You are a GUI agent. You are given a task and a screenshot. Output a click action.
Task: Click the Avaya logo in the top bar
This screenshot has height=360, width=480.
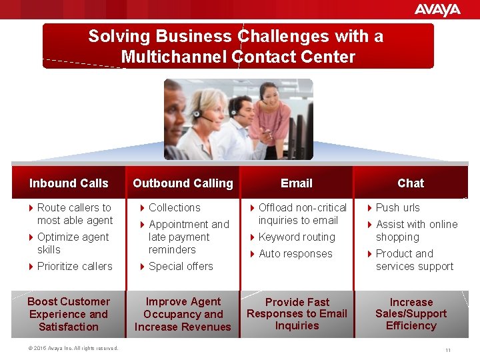point(437,9)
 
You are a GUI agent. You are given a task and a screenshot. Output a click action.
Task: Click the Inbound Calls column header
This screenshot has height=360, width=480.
point(69,183)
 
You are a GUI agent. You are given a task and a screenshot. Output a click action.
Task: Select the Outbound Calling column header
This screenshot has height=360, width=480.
point(183,183)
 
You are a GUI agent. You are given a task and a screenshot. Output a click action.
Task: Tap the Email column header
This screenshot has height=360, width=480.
point(297,183)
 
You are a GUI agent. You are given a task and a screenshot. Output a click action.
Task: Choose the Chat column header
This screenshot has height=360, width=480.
point(411,183)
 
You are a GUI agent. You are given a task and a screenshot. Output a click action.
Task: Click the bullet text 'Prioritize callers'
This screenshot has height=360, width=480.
point(75,266)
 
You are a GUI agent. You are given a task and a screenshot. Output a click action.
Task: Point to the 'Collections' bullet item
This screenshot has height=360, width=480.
point(174,207)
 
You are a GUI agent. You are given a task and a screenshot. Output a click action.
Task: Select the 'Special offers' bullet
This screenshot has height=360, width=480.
point(181,266)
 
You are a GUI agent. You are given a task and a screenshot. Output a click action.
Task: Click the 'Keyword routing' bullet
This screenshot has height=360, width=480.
point(297,237)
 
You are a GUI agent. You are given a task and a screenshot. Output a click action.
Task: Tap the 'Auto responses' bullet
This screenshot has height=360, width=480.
point(295,253)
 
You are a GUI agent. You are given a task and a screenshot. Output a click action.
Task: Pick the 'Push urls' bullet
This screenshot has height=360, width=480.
point(397,207)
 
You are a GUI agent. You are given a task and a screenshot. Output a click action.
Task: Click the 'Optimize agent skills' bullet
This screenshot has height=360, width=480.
point(73,243)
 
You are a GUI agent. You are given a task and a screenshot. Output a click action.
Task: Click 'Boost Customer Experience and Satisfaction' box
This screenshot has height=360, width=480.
point(69,314)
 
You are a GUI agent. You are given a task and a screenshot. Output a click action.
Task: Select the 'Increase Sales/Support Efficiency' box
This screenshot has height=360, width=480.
point(411,314)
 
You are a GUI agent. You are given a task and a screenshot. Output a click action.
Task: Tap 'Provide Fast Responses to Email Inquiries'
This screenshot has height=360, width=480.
point(297,314)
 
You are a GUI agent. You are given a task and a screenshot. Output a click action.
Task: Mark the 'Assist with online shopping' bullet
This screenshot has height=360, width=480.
point(416,231)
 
